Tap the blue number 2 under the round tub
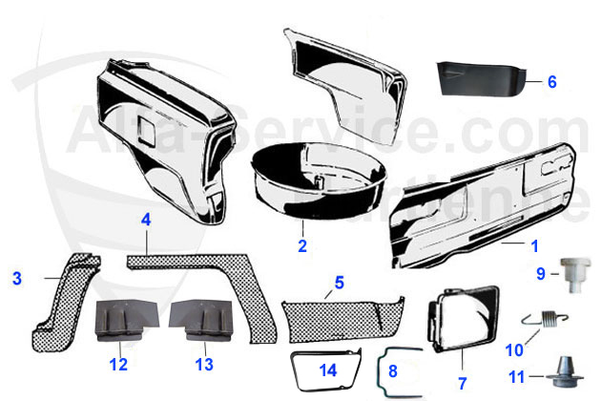(x=302, y=244)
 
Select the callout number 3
(x=16, y=279)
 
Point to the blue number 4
(x=146, y=220)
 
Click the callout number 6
(x=551, y=81)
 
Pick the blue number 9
(x=540, y=274)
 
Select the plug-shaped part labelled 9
(x=571, y=272)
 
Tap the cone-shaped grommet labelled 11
(x=570, y=371)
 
